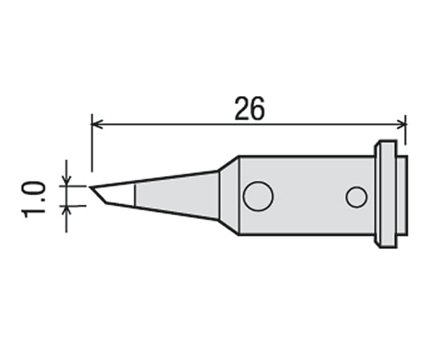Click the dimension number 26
250,110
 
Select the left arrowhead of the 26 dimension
97,123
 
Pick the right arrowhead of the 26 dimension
402,123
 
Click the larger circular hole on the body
258,196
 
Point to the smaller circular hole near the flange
356,196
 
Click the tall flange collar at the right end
385,194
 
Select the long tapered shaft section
176,194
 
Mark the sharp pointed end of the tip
91,189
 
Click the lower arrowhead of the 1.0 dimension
66,210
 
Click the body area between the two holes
308,196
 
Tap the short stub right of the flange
402,194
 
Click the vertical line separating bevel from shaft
134,194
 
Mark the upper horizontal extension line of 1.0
76,185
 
